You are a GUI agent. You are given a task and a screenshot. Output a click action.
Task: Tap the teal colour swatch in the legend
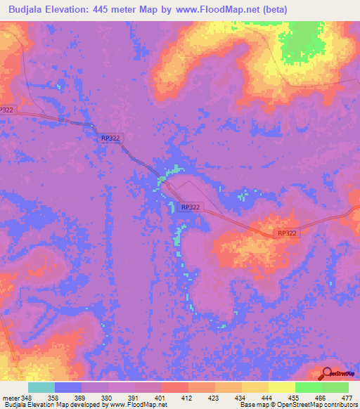pos(41,387)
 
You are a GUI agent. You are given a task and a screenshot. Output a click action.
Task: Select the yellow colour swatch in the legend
pos(282,387)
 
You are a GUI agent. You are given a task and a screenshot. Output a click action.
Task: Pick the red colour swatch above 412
pos(174,387)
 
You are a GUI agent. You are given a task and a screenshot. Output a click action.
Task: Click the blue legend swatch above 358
pos(67,387)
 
